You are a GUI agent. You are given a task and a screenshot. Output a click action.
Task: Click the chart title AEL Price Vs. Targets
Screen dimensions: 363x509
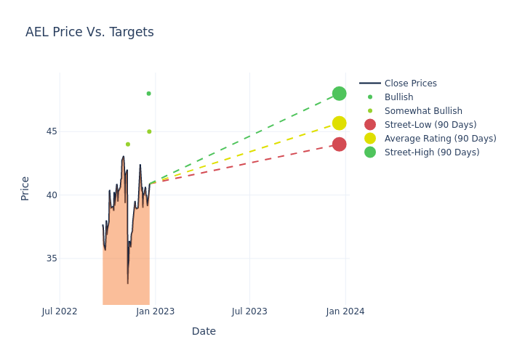89,32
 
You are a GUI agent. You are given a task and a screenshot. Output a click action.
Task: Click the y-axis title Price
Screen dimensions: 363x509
25,188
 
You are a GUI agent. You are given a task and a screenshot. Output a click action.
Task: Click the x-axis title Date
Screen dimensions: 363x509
204,331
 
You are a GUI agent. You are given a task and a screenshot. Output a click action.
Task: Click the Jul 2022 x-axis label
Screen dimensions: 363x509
60,311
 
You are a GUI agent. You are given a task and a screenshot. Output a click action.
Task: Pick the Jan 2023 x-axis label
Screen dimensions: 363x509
155,311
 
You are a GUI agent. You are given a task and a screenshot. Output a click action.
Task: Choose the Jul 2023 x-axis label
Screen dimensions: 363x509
249,311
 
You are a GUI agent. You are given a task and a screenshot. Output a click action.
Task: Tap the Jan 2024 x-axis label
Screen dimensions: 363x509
345,311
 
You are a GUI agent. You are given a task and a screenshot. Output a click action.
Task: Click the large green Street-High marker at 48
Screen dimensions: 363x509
340,94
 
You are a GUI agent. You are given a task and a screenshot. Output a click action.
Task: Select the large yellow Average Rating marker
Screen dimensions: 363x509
340,123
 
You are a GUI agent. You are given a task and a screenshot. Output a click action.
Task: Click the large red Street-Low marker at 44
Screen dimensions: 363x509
340,144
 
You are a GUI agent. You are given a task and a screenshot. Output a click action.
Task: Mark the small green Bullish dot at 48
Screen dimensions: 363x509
148,94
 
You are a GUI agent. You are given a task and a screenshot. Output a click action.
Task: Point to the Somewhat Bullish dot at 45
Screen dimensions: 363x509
149,131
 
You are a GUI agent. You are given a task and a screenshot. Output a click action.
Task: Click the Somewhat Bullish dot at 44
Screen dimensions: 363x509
128,144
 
